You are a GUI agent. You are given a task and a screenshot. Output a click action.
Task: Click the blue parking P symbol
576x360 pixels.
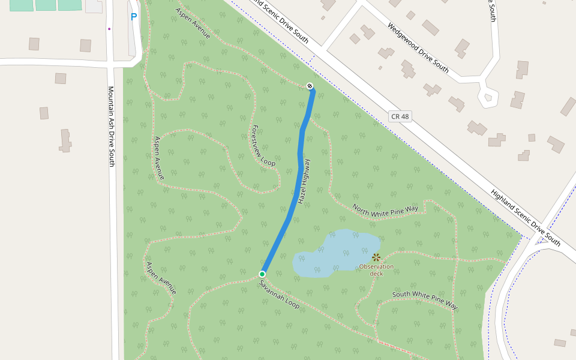coord(134,17)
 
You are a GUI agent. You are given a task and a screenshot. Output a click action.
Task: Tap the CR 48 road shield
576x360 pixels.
coord(400,116)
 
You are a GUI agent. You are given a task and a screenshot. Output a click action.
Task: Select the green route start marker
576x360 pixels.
coord(262,274)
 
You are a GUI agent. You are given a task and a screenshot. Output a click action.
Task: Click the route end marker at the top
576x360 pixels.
coord(310,86)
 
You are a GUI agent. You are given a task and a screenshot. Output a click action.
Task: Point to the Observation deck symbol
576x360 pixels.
coord(376,257)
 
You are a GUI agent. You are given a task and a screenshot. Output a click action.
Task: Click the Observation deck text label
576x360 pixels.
coord(376,270)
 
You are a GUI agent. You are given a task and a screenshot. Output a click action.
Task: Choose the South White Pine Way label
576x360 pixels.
coord(425,300)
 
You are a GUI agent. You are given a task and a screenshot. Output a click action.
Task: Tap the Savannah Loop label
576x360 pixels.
coord(280,295)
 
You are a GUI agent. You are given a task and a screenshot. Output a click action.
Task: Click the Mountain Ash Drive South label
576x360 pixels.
coord(111,126)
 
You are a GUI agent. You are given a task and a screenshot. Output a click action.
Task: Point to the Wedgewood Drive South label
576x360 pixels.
coord(418,48)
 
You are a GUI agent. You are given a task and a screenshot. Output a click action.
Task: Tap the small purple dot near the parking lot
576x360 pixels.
coord(109,28)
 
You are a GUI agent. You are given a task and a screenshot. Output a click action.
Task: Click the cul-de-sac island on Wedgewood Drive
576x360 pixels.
coord(488,96)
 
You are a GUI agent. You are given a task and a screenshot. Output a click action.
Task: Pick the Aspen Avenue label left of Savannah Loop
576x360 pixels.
coord(161,277)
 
